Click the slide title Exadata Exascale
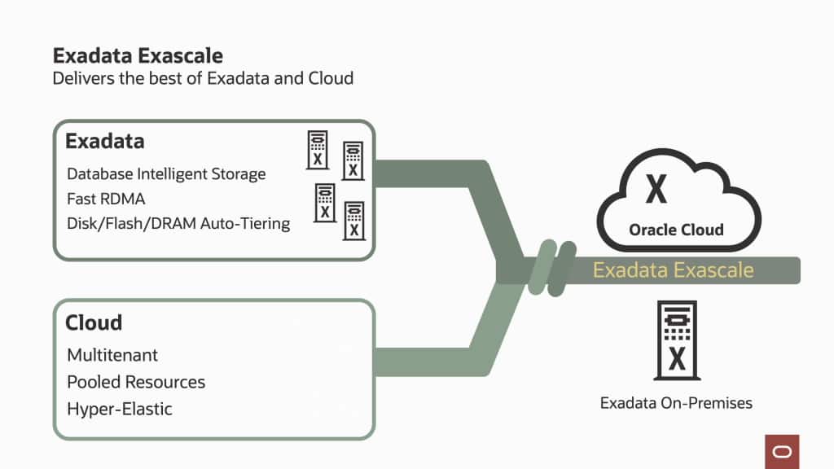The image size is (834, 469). coord(138,56)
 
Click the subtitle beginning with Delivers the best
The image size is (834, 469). coord(203,79)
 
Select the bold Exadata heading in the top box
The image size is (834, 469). coord(105,142)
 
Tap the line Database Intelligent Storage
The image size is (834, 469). coord(166,174)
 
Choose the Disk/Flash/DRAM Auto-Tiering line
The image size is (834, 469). coord(178,223)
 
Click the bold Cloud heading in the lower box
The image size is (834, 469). coord(94,323)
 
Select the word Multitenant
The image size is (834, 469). coord(112,356)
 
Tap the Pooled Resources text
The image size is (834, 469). coord(136,382)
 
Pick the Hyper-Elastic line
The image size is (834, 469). coord(120,409)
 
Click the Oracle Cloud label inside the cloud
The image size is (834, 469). coord(676,230)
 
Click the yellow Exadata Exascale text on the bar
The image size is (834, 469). coord(673,270)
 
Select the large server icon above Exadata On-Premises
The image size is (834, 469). coord(677,340)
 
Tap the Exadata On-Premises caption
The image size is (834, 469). coord(676,403)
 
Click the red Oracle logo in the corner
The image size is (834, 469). coord(782,451)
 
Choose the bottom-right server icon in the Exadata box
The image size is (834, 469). coord(353,221)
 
